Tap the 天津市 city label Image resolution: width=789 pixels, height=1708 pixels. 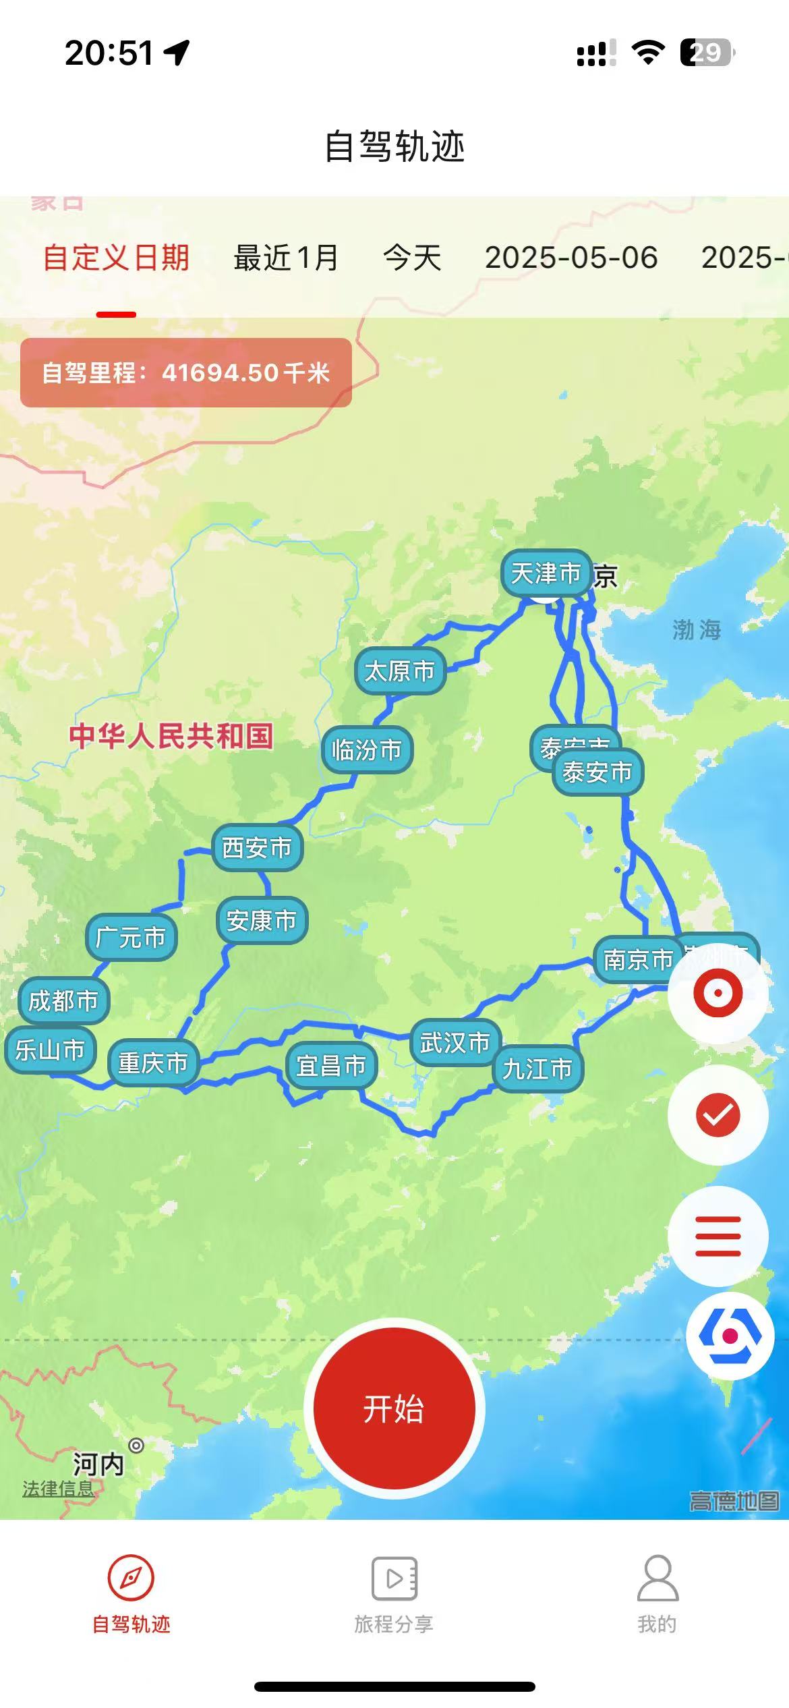[x=546, y=573]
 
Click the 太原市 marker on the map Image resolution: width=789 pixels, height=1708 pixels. [x=400, y=671]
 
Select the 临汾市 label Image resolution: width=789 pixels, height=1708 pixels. [x=367, y=749]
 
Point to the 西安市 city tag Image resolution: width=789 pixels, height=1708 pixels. [x=257, y=847]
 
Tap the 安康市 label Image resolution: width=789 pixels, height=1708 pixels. [x=262, y=920]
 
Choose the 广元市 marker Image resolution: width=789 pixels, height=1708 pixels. [x=131, y=937]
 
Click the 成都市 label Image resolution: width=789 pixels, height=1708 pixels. [x=63, y=1000]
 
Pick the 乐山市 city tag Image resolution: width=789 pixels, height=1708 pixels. [x=50, y=1050]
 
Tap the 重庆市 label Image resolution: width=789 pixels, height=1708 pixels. [x=153, y=1063]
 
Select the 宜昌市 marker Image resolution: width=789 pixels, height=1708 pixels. [x=331, y=1066]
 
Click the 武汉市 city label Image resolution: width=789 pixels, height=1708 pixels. [x=455, y=1043]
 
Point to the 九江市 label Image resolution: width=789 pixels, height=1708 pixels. [x=537, y=1069]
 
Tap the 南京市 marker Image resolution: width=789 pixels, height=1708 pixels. [x=637, y=959]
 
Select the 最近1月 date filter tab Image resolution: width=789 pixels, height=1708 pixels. [x=286, y=258]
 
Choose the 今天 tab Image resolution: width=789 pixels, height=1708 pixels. [x=412, y=258]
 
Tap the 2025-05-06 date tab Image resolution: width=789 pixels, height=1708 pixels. [x=571, y=258]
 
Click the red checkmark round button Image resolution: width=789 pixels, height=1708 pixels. [x=718, y=1114]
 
